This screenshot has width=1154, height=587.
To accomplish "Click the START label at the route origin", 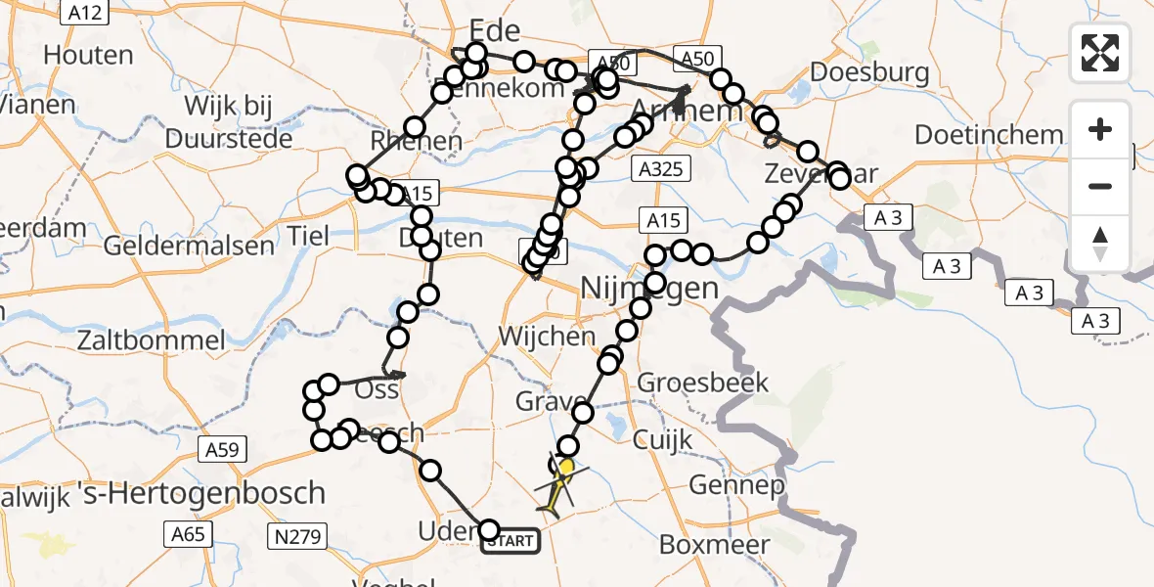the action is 510,541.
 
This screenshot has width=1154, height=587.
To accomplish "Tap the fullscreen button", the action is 1100,53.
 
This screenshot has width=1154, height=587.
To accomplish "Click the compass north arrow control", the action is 1100,243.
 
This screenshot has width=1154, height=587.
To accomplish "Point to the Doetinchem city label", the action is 989,135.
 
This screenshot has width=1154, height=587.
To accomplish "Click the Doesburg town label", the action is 868,72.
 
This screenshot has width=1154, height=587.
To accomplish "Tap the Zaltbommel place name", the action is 151,341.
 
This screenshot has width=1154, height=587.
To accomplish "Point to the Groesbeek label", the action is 703,383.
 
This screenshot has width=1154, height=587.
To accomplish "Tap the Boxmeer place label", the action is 712,544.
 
